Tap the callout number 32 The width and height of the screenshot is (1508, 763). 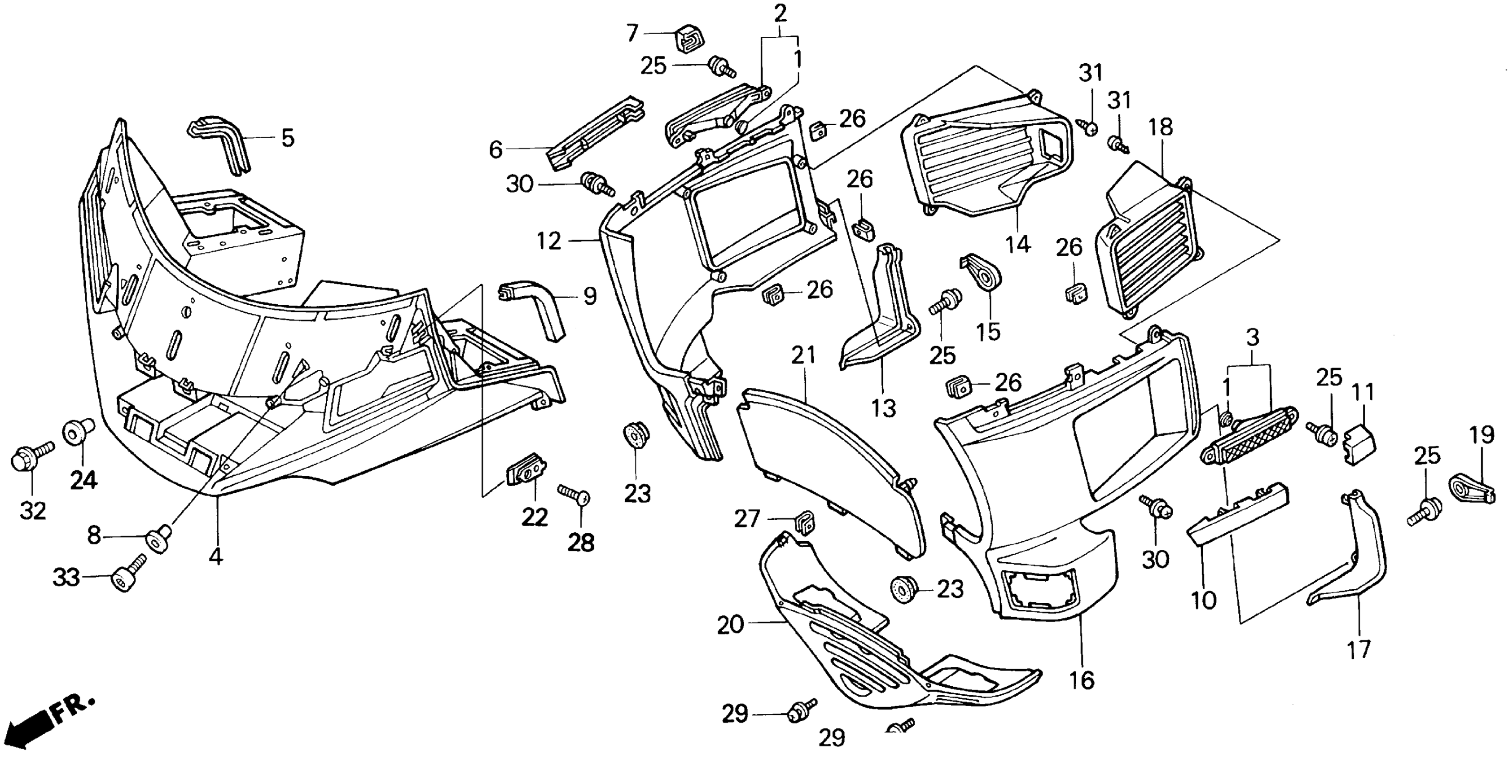tap(33, 511)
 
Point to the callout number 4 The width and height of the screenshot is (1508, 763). tap(216, 556)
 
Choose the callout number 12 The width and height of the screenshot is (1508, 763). tap(549, 241)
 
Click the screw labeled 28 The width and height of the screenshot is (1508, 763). tap(575, 496)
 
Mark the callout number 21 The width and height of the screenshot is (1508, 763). tap(803, 355)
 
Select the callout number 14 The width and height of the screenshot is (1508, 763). tap(1017, 244)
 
